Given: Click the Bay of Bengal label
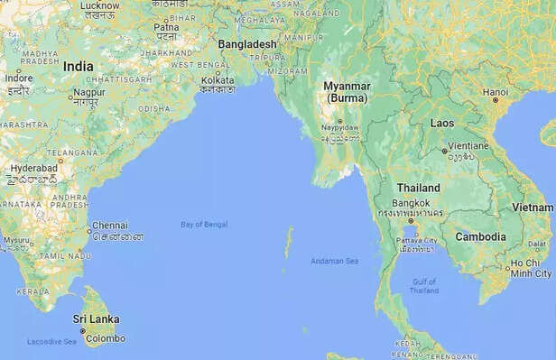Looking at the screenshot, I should pyautogui.click(x=204, y=224).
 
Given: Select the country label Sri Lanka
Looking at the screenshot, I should pyautogui.click(x=96, y=319).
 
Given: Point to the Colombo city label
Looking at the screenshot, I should pyautogui.click(x=106, y=338).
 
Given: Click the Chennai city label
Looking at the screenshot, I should pyautogui.click(x=109, y=225).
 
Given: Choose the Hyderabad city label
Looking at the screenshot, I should pyautogui.click(x=33, y=169).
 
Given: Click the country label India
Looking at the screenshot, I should pyautogui.click(x=78, y=66).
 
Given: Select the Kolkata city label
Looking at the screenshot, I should pyautogui.click(x=218, y=80).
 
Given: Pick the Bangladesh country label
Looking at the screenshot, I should pyautogui.click(x=247, y=43).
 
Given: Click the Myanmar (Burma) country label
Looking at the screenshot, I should pyautogui.click(x=347, y=91).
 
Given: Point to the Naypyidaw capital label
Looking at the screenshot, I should pyautogui.click(x=339, y=127).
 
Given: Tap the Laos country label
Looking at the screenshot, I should pyautogui.click(x=442, y=122).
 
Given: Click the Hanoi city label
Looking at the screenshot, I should pyautogui.click(x=496, y=92).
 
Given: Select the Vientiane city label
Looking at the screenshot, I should pyautogui.click(x=468, y=145).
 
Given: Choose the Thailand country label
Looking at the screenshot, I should pyautogui.click(x=419, y=188).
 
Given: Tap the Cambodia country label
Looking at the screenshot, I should pyautogui.click(x=480, y=236).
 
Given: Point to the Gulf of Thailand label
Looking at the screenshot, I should pyautogui.click(x=424, y=286).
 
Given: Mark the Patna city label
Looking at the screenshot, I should pyautogui.click(x=166, y=27).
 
